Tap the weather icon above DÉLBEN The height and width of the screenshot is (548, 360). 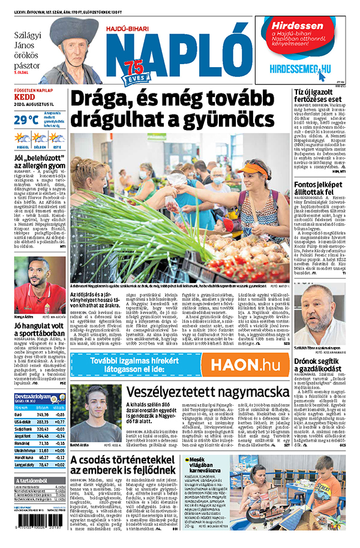pos(40,138)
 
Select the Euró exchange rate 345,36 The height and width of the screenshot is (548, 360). pos(42,414)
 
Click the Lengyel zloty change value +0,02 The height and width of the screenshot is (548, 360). pos(59,464)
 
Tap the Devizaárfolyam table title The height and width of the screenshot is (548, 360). pos(32,397)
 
